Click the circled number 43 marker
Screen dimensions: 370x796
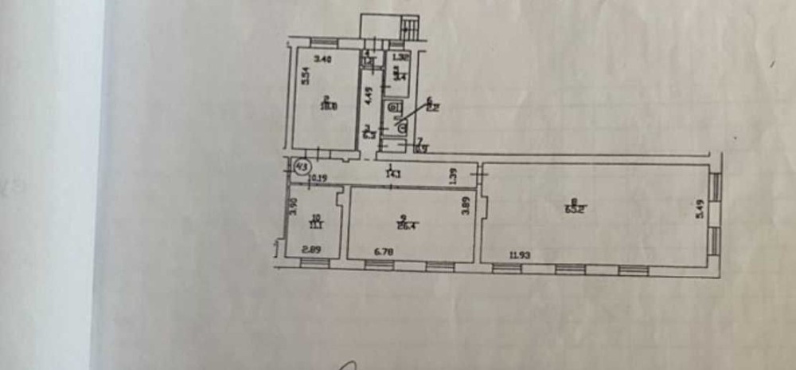point(302,167)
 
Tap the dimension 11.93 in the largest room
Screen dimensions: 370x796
point(521,255)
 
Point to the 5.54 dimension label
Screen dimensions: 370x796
point(304,75)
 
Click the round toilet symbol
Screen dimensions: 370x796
point(401,124)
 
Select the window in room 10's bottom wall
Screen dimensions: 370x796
point(315,262)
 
